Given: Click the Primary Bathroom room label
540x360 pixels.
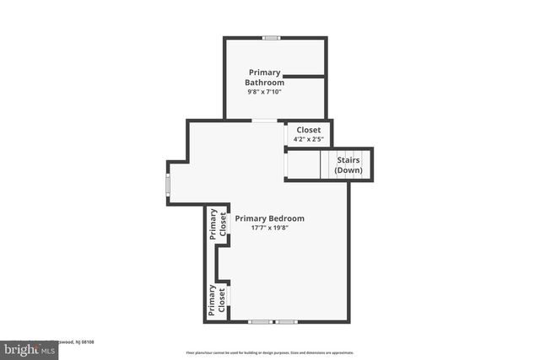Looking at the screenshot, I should coord(264,78).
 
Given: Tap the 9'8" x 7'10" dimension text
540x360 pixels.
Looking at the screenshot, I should coord(263,92).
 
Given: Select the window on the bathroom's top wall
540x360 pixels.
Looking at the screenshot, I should coord(271,38).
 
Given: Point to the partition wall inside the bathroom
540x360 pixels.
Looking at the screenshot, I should coord(303,77).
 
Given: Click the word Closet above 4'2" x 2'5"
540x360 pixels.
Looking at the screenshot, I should coord(308,130).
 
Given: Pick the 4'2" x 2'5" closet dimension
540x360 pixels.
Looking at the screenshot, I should coord(308,139).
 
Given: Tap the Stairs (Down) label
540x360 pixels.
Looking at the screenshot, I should coord(348,164).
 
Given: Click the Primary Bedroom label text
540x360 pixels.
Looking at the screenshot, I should coord(269,218).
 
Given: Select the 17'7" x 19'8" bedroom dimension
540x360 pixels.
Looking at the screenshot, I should coord(270,228).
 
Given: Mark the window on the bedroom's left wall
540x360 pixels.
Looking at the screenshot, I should coord(168,184).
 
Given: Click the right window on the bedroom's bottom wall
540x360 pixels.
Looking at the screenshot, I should coord(287,321).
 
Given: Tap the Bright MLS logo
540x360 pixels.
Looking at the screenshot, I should coord(30,349).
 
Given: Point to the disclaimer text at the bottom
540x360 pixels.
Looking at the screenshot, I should coord(270,353).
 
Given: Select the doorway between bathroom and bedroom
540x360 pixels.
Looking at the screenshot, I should coord(264,121).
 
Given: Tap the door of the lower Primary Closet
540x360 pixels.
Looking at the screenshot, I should coord(229,297).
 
